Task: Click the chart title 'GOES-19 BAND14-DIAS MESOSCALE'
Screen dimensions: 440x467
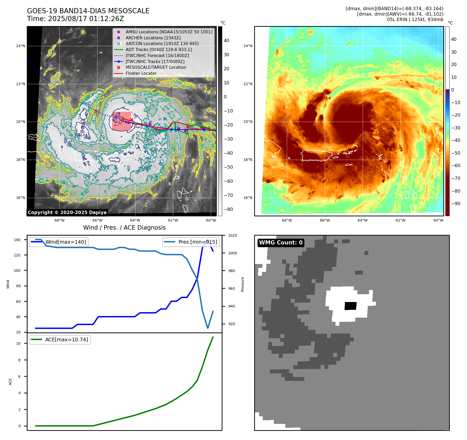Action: click(x=88, y=11)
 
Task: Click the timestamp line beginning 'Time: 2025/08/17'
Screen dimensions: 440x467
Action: click(x=75, y=19)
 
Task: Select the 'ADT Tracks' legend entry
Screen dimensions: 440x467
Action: click(x=159, y=49)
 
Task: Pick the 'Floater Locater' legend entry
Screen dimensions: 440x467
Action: click(x=141, y=73)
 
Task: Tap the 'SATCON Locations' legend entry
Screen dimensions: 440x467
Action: click(x=162, y=43)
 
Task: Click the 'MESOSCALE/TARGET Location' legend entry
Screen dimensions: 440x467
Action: click(x=156, y=67)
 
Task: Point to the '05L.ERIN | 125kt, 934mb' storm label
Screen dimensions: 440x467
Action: click(x=415, y=20)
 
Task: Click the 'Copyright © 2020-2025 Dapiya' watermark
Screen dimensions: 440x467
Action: click(x=67, y=212)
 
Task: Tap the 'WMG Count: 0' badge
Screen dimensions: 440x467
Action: click(x=281, y=243)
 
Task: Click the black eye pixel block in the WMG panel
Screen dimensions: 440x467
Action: click(x=350, y=306)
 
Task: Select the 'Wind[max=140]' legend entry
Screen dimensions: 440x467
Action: click(x=65, y=242)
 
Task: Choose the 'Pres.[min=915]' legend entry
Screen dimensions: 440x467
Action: click(x=198, y=242)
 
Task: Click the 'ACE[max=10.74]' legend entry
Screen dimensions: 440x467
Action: click(x=67, y=340)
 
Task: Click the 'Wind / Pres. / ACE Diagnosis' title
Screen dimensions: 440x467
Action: click(x=124, y=228)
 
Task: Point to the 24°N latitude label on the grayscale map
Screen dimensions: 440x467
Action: click(x=21, y=46)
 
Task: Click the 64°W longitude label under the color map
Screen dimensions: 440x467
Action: click(x=363, y=220)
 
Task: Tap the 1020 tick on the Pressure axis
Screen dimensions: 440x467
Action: click(x=233, y=236)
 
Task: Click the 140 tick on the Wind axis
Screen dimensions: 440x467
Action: click(x=17, y=240)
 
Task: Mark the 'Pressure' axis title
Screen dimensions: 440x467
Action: click(x=242, y=284)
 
